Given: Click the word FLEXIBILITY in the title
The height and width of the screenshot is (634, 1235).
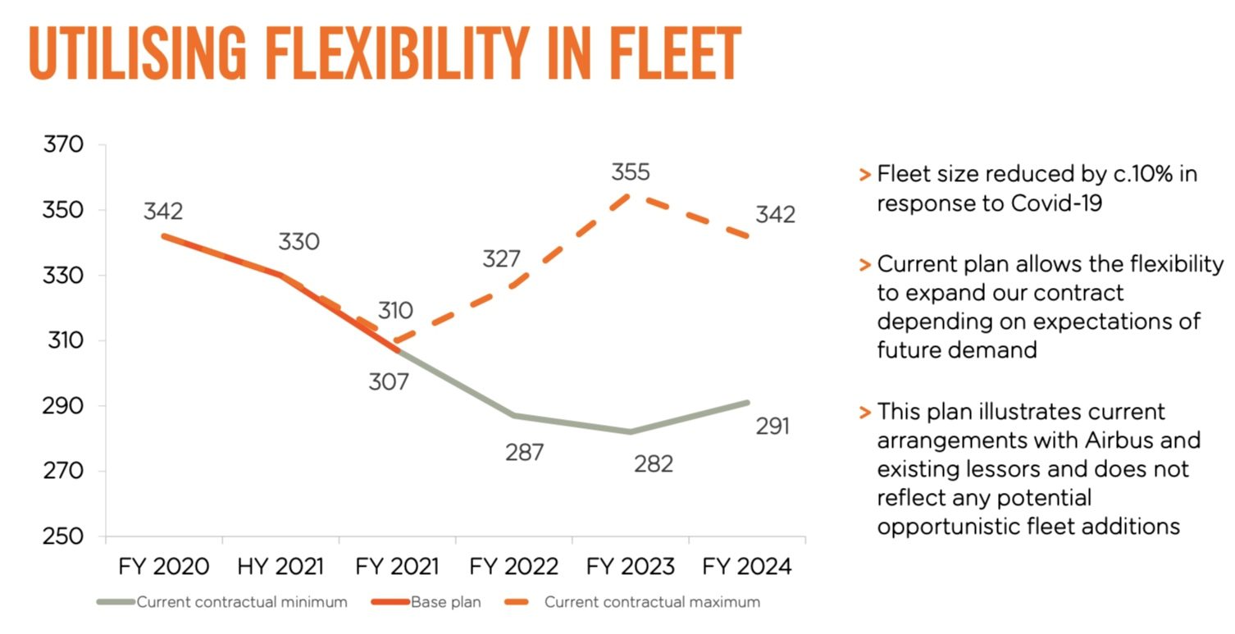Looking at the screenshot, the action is tap(397, 53).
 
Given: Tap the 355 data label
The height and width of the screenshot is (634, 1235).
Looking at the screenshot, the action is tap(631, 172).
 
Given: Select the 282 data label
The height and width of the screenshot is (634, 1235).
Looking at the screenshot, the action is tap(654, 464).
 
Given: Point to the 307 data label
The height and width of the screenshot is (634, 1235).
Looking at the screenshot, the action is tap(389, 382).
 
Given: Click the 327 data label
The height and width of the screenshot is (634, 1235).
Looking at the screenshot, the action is tap(501, 259).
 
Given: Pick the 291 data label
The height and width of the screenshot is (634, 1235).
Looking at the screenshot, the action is tap(772, 426).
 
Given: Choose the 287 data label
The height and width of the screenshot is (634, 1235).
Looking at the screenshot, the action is tap(524, 453).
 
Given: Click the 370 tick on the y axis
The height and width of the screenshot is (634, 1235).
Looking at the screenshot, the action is tap(63, 144).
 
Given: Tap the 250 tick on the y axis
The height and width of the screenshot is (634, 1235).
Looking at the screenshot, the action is tap(63, 536).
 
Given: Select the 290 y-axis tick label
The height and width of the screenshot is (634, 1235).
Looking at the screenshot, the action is tap(63, 406).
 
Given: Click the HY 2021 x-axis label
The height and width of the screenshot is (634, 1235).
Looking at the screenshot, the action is tap(280, 567).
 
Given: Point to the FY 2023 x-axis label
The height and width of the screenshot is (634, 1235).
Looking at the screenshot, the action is tap(630, 567).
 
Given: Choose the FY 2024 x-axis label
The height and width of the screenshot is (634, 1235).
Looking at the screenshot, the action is tap(746, 567).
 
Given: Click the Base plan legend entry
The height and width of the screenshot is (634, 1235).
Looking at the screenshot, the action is tap(426, 602).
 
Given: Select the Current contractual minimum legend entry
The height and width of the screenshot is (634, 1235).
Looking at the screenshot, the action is tap(222, 602).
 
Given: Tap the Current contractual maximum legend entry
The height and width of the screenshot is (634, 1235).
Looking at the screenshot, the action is tap(632, 602).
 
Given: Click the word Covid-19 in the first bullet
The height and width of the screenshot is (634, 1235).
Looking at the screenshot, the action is tap(1056, 203).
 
